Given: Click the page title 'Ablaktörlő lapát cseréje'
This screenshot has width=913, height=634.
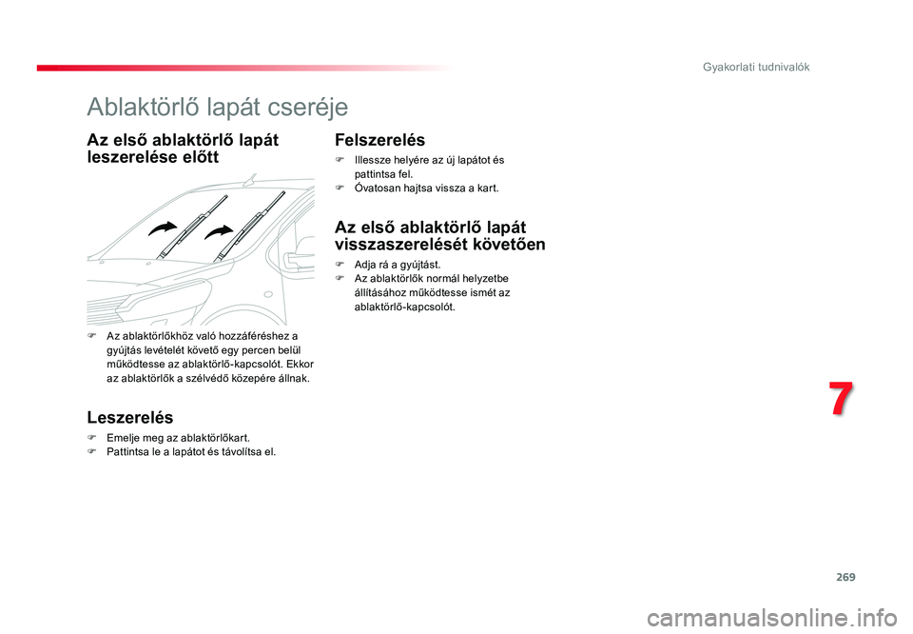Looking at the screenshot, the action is point(217,108).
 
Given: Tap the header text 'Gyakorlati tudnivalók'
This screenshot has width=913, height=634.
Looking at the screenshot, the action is point(756,67).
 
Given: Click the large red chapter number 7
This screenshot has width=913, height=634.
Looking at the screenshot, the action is point(841,399).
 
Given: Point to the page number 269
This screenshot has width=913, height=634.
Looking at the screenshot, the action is point(845,577).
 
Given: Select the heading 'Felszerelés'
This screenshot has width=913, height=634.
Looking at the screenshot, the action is point(379,140).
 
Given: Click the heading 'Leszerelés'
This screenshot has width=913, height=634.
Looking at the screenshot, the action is point(130,417).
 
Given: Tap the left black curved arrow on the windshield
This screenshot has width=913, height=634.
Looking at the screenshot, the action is point(163,228).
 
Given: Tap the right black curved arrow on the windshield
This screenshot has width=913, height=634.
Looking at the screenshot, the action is point(219,232).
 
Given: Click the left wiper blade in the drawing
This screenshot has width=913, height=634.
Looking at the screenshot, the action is point(191,228).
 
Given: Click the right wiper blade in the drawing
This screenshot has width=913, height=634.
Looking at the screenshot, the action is point(249,227).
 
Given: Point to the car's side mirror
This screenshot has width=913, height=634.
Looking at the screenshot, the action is point(298,259).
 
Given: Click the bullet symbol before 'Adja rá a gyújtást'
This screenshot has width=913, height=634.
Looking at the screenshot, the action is point(340,265).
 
